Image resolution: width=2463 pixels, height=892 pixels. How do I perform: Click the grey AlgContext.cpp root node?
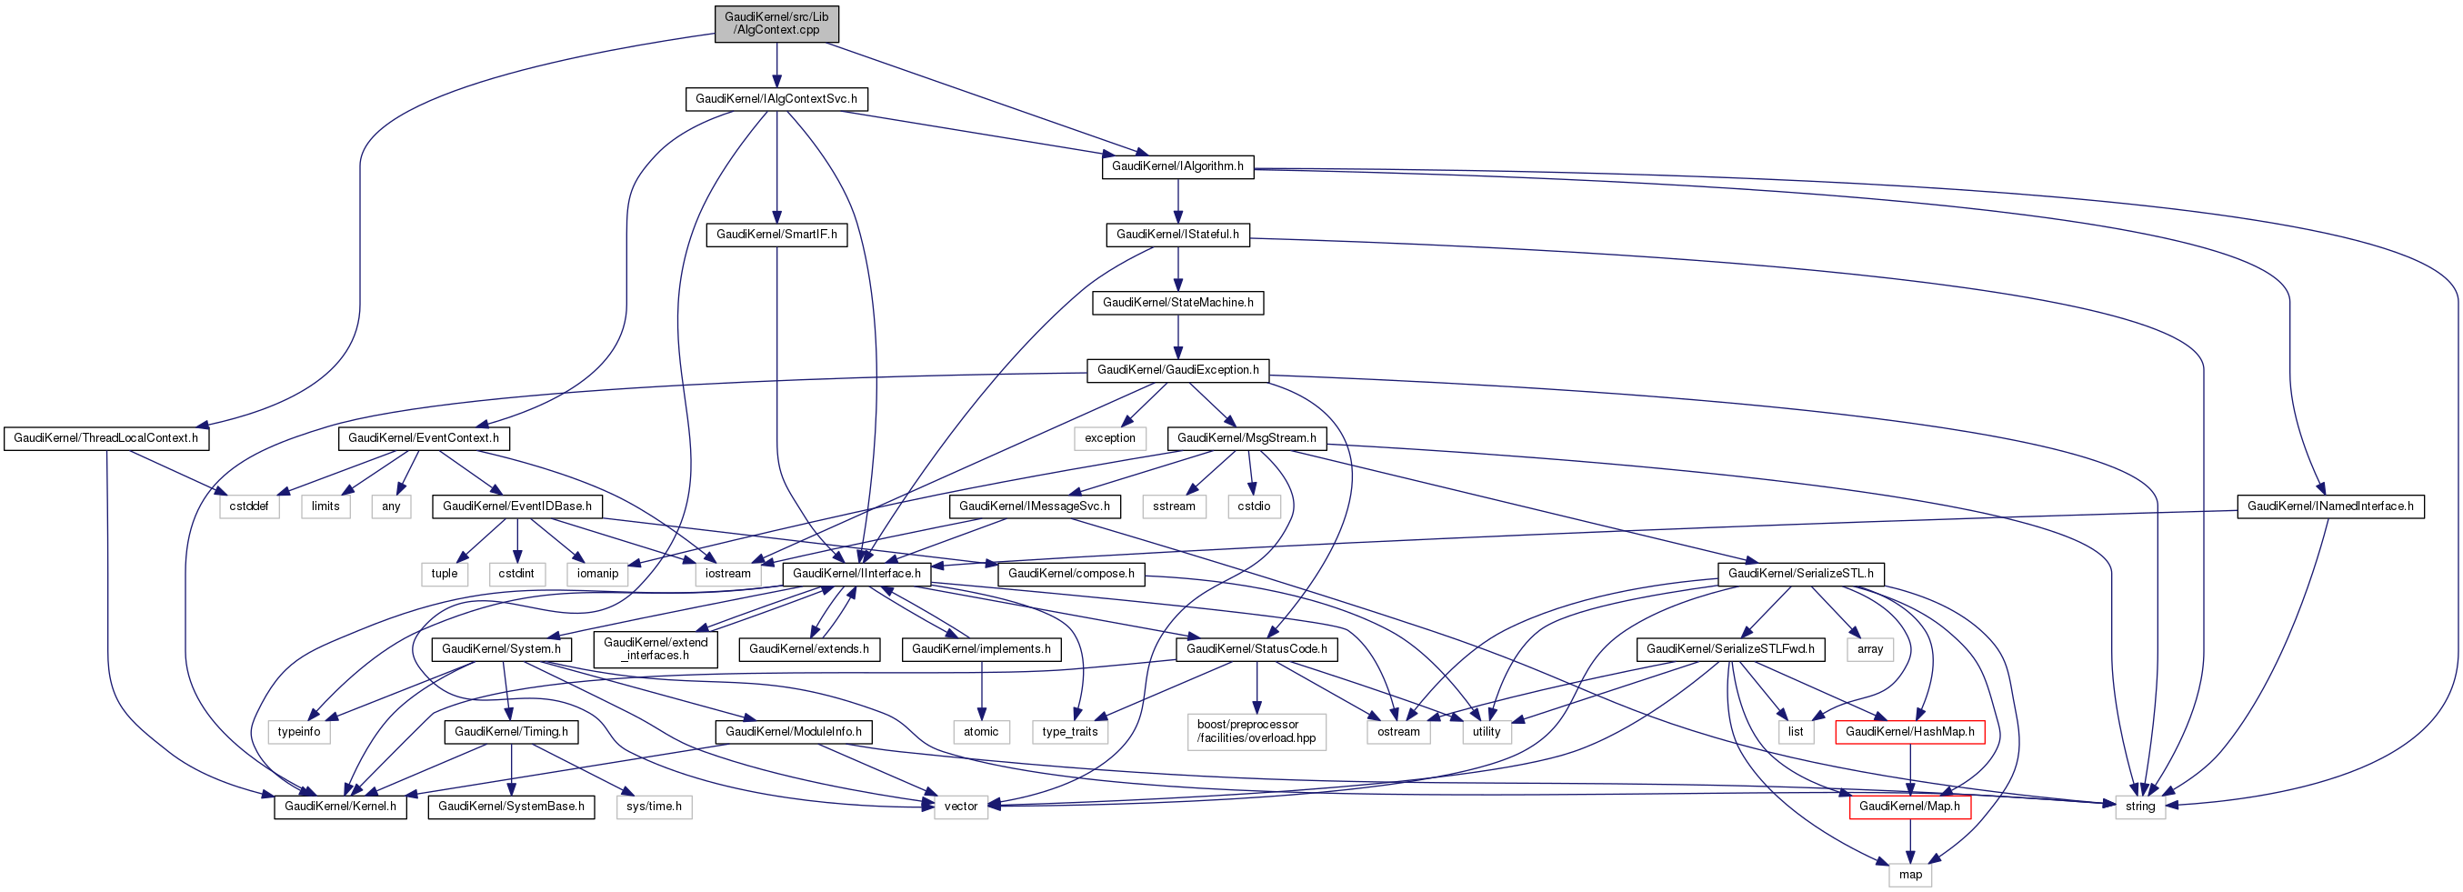coord(776,23)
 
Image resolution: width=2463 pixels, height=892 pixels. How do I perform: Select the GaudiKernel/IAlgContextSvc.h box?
coord(776,98)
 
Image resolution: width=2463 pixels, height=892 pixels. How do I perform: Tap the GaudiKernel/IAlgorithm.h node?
coord(1177,166)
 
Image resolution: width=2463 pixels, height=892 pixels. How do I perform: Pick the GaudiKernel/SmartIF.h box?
coord(776,235)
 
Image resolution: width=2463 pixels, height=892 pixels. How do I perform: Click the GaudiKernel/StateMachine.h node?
coord(1177,302)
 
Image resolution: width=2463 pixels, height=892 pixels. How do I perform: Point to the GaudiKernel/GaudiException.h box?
coord(1177,370)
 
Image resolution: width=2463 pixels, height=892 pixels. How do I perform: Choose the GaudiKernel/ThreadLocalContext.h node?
coord(105,438)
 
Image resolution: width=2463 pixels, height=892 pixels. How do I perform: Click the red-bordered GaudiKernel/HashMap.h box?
coord(1909,731)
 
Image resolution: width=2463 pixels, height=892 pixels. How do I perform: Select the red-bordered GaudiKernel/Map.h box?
coord(1909,806)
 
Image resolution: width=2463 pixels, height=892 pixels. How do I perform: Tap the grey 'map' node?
coord(1909,874)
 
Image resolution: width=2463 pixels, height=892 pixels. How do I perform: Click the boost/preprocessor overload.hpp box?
coord(1257,731)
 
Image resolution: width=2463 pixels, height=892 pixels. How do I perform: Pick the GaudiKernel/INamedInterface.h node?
coord(2329,506)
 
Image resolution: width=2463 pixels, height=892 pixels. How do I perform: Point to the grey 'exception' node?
coord(1109,438)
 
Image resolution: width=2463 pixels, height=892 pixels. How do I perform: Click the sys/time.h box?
coord(654,806)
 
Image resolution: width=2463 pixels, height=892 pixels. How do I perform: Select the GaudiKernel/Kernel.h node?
coord(340,806)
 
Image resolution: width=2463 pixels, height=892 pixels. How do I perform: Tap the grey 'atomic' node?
coord(981,731)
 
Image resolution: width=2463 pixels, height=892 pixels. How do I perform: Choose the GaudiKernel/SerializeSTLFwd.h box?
coord(1729,649)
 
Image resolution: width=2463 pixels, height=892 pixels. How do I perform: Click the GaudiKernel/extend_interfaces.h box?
coord(655,649)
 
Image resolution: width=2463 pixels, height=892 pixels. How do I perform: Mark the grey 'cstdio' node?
coord(1254,506)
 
